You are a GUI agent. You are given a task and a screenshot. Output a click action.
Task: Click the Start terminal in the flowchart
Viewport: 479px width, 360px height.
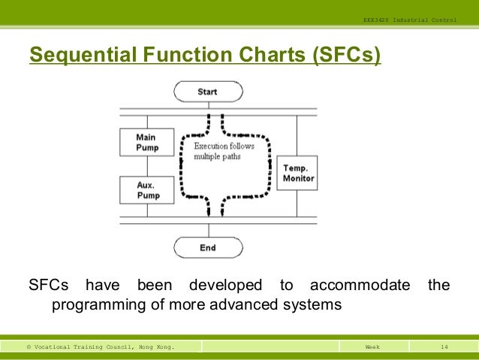[x=208, y=92]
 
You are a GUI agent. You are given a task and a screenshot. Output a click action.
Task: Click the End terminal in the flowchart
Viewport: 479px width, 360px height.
[x=208, y=247]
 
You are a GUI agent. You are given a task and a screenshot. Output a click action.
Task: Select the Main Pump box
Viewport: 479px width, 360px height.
[x=146, y=142]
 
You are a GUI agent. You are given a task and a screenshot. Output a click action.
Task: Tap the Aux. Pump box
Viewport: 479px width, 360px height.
[x=146, y=190]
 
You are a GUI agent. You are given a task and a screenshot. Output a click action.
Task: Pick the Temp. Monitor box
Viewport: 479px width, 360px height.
[x=298, y=174]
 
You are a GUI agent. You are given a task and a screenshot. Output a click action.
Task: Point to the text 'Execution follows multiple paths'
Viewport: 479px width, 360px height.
[x=224, y=150]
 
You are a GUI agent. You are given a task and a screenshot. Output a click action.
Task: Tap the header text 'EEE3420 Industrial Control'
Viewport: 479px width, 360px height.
[x=408, y=19]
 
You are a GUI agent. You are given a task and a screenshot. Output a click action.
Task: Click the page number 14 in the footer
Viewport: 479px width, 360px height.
[x=444, y=347]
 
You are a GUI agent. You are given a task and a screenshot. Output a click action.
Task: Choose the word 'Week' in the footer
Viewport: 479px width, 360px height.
[x=372, y=347]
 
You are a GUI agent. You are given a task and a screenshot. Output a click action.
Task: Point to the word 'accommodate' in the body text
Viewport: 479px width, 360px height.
[x=360, y=286]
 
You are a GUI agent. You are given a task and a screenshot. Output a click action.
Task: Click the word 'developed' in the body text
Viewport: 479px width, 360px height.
[x=225, y=286]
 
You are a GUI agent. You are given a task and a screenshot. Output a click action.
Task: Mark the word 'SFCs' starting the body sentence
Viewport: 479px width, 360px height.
[x=49, y=286]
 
